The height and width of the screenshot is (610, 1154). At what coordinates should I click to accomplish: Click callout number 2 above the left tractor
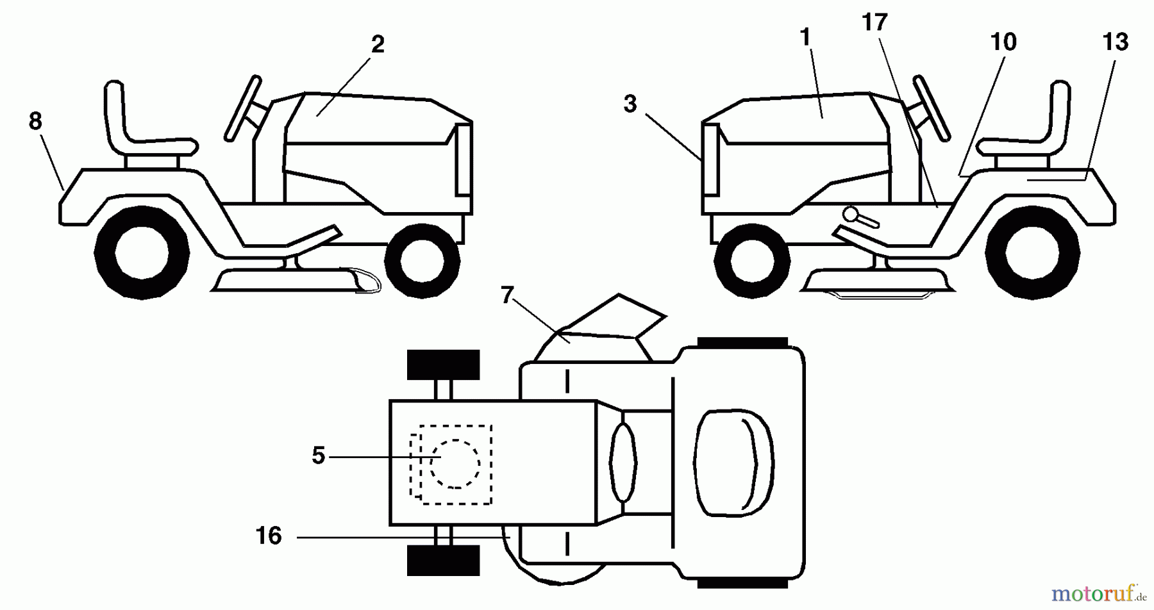[378, 45]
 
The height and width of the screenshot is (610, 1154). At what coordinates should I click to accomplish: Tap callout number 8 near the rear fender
[35, 120]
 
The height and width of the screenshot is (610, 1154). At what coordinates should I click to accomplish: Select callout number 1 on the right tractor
[805, 38]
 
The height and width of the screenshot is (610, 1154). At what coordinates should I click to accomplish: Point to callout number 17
[874, 23]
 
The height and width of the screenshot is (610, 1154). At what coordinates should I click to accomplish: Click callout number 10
[1003, 42]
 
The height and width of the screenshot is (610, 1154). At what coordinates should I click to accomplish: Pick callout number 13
[1116, 42]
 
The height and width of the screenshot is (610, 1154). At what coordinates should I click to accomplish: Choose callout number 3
[630, 104]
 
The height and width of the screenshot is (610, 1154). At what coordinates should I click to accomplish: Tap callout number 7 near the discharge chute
[507, 295]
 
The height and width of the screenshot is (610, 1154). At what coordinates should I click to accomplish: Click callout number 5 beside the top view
[319, 456]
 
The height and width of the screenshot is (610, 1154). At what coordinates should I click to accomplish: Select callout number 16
[269, 536]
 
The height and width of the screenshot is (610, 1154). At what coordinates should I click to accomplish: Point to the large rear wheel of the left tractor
[142, 252]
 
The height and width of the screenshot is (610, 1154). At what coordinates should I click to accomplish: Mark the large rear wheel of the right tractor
[1033, 252]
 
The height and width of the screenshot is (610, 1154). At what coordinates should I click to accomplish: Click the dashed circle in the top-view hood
[455, 463]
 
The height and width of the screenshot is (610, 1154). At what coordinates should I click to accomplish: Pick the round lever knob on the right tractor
[851, 213]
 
